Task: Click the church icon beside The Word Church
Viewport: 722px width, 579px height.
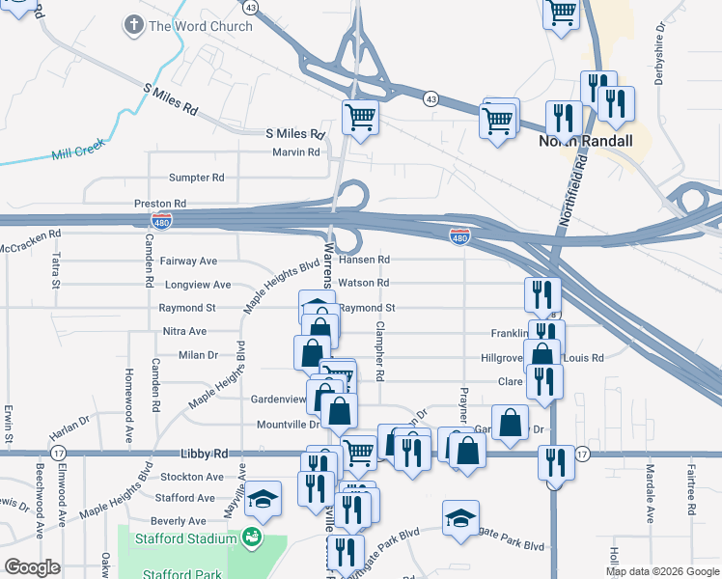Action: [x=134, y=26]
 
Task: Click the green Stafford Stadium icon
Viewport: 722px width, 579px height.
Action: [x=253, y=538]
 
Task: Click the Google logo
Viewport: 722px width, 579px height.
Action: [x=32, y=567]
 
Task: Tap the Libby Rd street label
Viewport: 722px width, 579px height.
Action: [x=204, y=454]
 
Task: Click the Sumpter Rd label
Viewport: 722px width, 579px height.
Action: [x=196, y=178]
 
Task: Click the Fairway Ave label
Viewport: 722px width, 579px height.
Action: [x=189, y=261]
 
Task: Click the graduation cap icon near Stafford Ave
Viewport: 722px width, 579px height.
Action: [x=262, y=499]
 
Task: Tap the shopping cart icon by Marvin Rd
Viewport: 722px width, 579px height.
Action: [x=360, y=118]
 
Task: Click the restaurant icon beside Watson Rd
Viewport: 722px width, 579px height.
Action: [x=542, y=293]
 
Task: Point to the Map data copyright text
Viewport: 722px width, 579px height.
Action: [x=662, y=571]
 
